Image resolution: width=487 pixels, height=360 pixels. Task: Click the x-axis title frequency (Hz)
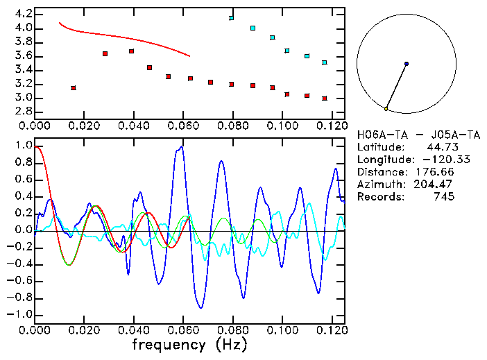189,344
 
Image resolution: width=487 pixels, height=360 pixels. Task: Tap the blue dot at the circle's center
407,64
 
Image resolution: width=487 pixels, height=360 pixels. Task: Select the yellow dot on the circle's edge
386,109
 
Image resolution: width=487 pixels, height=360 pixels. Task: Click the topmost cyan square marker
232,17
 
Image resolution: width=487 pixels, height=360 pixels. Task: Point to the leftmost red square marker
74,88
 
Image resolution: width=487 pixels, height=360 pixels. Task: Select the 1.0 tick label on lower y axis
24,146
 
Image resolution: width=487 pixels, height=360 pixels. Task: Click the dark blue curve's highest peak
182,146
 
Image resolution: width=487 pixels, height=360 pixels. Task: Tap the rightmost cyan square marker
325,62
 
